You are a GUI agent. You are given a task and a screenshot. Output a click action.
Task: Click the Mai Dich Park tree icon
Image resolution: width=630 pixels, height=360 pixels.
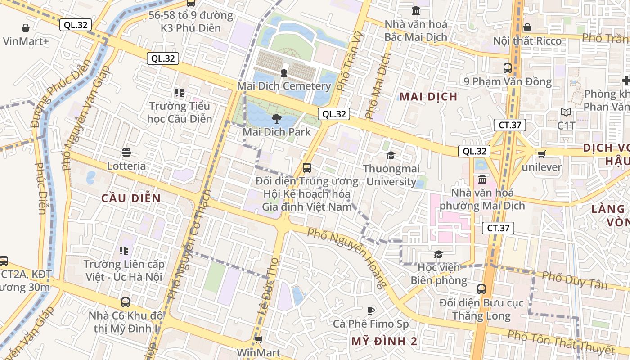coord(276,119)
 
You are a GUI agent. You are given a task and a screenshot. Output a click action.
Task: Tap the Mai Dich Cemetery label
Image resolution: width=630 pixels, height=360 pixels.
coord(284,86)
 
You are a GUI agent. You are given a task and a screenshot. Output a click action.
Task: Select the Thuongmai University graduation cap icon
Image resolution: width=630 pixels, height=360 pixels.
coord(391,155)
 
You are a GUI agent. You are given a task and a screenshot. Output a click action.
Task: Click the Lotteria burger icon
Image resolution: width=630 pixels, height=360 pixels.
coord(126,153)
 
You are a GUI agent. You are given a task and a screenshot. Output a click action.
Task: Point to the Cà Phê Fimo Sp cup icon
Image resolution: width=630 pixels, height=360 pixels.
coord(370,310)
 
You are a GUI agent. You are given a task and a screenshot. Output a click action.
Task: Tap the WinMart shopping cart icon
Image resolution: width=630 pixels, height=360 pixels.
coord(258,339)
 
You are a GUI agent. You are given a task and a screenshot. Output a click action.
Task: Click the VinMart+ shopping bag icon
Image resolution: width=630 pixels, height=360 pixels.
coord(26,28)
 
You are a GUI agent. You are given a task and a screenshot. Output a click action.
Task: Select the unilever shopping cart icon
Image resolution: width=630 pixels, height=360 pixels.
coord(541,154)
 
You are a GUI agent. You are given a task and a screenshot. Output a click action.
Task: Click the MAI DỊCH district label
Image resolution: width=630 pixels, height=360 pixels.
coord(428,97)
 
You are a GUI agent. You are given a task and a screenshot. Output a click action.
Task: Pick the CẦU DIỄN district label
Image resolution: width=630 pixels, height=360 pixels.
coord(131,198)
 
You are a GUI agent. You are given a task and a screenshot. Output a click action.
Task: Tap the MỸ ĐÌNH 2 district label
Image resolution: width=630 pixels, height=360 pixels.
coord(384,341)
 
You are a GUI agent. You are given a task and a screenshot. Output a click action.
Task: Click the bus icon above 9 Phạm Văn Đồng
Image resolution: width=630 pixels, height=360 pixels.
coord(508,68)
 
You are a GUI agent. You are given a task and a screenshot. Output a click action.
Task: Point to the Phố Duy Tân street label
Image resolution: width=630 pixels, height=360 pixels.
coord(574,280)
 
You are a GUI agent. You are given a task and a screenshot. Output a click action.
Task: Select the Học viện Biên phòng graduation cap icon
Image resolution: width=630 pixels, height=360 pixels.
coord(438,255)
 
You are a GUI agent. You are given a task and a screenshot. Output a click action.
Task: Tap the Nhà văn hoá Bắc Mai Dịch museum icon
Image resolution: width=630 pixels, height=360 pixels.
coord(416,11)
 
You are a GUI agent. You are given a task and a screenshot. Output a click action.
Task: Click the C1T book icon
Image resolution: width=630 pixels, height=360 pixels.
coord(566,112)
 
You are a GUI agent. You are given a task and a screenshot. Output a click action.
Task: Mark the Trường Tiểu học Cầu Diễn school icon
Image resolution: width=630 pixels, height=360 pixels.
coord(180,93)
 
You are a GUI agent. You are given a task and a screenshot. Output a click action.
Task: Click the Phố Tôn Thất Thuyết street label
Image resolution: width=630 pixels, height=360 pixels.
coord(561,342)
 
